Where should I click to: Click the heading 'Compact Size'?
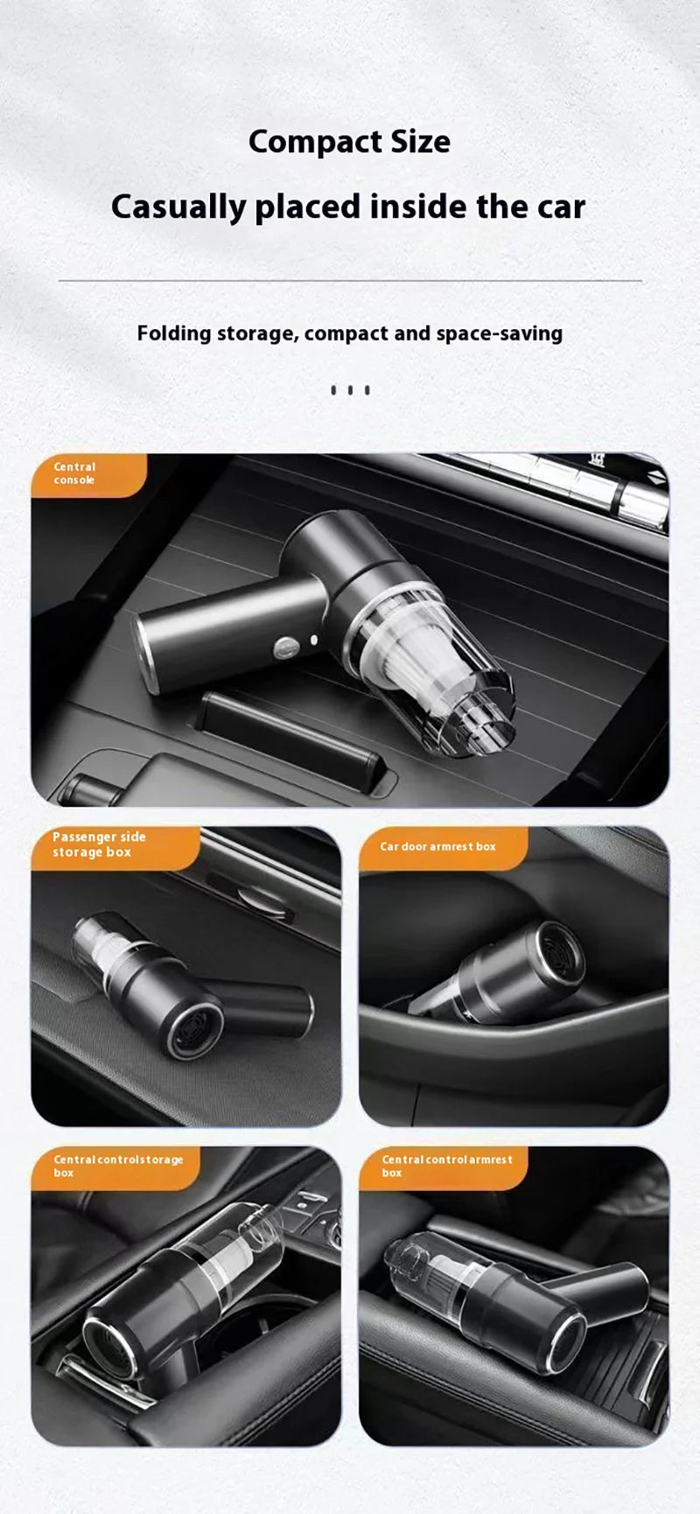click(x=349, y=142)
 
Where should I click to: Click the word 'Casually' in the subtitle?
click(x=178, y=207)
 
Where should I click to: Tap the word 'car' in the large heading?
click(x=561, y=207)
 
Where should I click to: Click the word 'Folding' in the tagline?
click(x=174, y=333)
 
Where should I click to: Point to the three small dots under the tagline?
click(x=350, y=390)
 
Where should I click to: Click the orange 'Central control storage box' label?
click(x=114, y=1167)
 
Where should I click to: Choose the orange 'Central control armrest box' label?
click(x=442, y=1167)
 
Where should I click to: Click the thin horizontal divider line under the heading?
click(x=350, y=281)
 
